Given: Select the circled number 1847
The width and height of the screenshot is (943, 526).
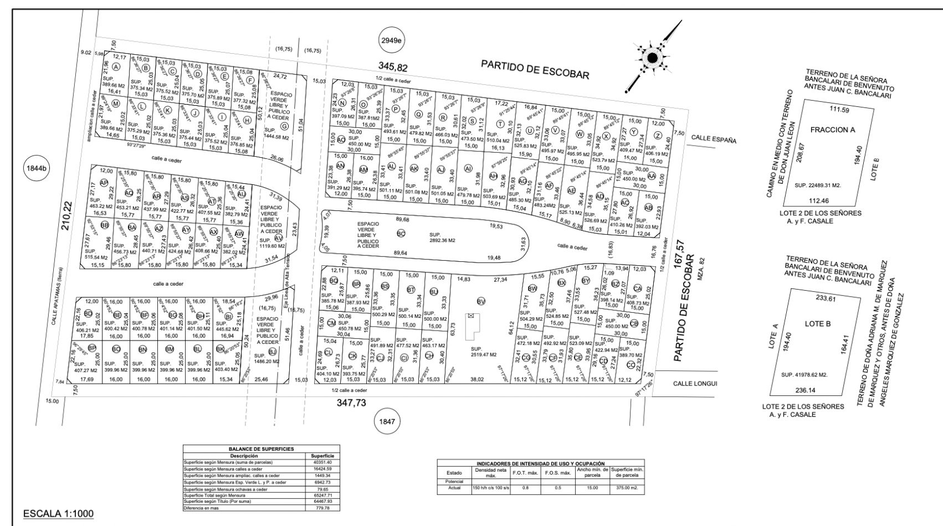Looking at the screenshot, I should coord(387,422).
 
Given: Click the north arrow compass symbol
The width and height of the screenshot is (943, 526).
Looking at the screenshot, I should coord(652,57).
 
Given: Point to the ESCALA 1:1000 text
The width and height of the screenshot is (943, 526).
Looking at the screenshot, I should coord(58,514).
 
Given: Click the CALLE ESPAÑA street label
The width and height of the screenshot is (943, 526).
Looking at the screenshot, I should coord(714,140).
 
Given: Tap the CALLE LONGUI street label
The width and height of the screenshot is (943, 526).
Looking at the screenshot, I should coord(695,383).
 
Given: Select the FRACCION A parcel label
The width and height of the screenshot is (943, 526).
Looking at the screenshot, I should coord(832,130).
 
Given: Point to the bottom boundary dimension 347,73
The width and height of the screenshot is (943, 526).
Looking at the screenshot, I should coord(351,403).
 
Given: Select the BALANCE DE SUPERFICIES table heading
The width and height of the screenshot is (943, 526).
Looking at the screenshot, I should coord(262,449).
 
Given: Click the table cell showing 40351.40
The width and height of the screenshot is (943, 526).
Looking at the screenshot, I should coord(322,462).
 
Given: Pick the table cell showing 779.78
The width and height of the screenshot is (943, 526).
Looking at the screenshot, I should coord(322,508).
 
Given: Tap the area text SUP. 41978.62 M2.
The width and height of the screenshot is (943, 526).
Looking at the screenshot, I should coord(804,375).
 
